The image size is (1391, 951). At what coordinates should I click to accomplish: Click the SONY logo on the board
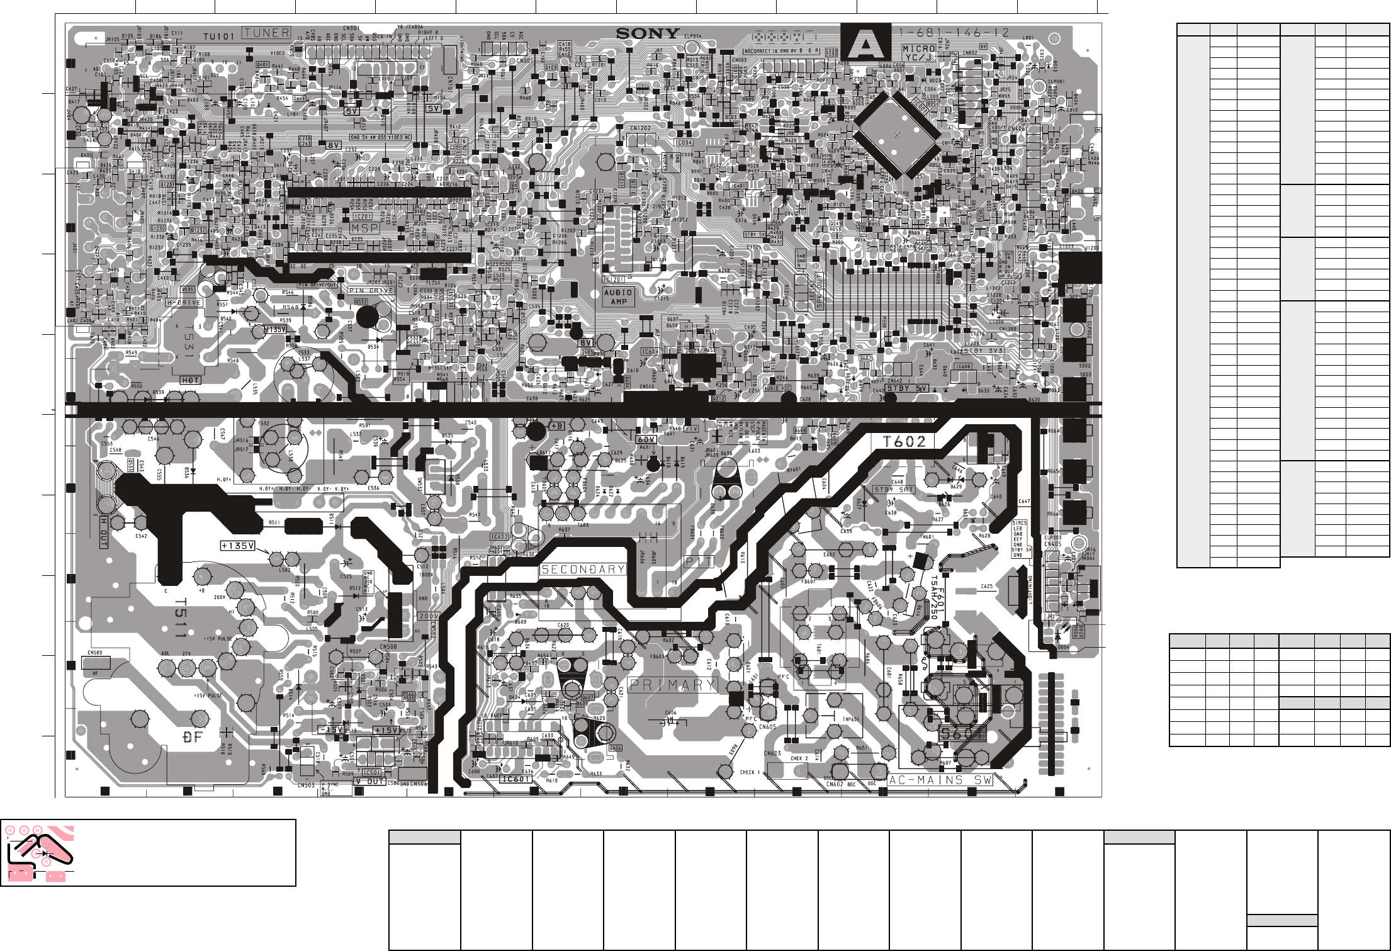pyautogui.click(x=648, y=34)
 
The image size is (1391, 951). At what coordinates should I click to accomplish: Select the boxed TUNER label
pyautogui.click(x=267, y=33)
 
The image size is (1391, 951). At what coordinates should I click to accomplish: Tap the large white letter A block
pyautogui.click(x=866, y=43)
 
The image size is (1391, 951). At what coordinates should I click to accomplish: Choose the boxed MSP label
pyautogui.click(x=365, y=228)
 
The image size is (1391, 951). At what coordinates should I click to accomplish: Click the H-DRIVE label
pyautogui.click(x=184, y=302)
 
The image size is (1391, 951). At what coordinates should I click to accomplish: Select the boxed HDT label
pyautogui.click(x=190, y=380)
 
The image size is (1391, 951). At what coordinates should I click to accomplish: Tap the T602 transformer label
pyautogui.click(x=905, y=441)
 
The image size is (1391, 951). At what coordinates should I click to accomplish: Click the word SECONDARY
pyautogui.click(x=583, y=570)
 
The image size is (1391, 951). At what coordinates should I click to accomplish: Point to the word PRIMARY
pyautogui.click(x=672, y=685)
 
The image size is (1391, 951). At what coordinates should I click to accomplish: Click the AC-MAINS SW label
pyautogui.click(x=940, y=780)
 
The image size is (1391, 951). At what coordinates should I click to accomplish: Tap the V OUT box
pyautogui.click(x=369, y=781)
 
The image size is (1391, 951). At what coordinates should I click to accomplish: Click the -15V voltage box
pyautogui.click(x=331, y=730)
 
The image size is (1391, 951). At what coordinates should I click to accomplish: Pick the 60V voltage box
pyautogui.click(x=646, y=440)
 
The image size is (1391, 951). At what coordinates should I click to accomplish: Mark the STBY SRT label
pyautogui.click(x=894, y=490)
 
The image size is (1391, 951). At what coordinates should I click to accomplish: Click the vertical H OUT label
pyautogui.click(x=104, y=532)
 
